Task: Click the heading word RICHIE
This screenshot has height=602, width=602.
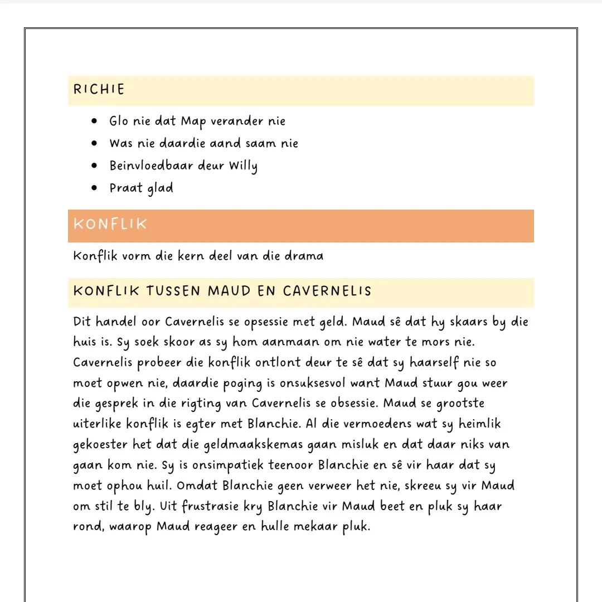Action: tap(99, 89)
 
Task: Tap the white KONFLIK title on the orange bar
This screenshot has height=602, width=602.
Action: tap(110, 224)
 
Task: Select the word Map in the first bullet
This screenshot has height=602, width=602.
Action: tap(193, 122)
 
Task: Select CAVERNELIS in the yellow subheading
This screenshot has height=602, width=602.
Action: tap(327, 291)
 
